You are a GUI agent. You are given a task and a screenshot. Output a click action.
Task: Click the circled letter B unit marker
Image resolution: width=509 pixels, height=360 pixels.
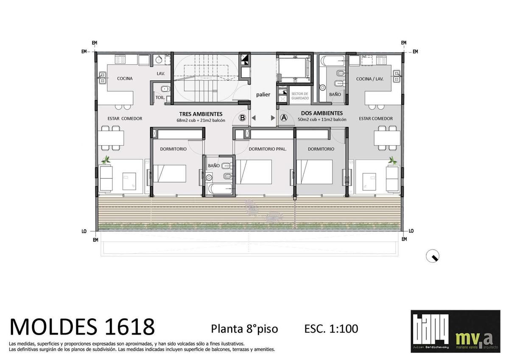[242, 118]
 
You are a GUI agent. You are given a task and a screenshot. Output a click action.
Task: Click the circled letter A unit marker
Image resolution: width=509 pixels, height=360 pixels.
[284, 118]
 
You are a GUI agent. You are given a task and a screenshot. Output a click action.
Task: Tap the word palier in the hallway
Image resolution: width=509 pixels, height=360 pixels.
[263, 94]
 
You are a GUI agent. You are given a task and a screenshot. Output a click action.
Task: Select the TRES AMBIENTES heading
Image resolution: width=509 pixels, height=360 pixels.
[201, 114]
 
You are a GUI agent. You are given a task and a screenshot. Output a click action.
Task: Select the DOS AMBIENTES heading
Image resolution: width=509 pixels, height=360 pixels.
[322, 113]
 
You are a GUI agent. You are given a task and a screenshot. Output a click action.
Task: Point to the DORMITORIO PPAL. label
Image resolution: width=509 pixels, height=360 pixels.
[268, 149]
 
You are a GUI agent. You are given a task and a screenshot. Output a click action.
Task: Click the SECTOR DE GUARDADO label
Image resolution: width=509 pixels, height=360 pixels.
[300, 96]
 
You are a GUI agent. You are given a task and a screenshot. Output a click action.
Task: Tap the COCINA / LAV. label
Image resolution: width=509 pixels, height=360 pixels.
[370, 79]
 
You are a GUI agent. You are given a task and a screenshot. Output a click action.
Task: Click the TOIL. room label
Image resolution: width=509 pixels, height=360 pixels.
[160, 97]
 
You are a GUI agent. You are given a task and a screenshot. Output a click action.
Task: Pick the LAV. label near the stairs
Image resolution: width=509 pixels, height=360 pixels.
[161, 74]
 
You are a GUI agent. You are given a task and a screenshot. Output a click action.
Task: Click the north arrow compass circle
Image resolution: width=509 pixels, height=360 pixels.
[432, 256]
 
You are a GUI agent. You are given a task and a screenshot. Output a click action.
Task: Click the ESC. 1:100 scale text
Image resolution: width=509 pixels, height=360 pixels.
[331, 329]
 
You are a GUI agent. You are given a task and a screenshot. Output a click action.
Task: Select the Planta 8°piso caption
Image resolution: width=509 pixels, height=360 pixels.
[244, 329]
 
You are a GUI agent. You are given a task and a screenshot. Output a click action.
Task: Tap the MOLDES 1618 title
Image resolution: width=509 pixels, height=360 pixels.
[82, 327]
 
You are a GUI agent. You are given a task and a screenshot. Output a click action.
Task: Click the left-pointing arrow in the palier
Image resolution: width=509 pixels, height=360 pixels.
[254, 118]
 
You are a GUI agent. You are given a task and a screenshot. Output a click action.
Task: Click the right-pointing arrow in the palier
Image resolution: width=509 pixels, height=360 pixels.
[273, 118]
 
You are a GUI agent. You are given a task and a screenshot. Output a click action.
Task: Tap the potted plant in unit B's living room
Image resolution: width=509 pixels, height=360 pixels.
[106, 160]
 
